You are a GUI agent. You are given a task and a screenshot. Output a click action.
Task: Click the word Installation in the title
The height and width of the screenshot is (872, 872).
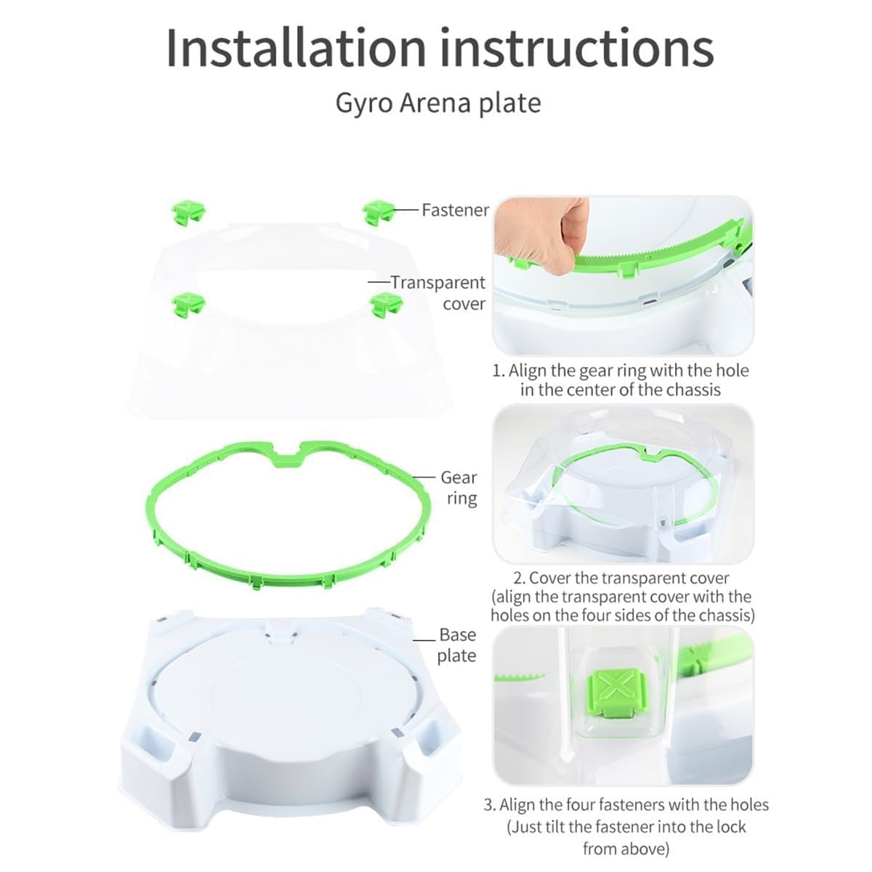[296, 49]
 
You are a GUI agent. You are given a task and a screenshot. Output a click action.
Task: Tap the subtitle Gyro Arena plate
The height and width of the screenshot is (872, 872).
[438, 104]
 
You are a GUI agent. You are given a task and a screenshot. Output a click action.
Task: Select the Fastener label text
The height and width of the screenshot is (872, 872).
[455, 210]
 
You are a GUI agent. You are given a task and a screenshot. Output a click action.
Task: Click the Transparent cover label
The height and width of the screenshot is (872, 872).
[438, 293]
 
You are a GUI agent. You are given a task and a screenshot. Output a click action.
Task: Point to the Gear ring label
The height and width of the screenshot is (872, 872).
[459, 488]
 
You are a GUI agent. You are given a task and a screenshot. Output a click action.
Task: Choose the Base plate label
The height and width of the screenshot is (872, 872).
[457, 645]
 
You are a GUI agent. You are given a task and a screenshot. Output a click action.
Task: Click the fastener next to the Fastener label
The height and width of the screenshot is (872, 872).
[378, 212]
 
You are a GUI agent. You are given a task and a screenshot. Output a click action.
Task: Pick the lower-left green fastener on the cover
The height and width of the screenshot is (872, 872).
[189, 304]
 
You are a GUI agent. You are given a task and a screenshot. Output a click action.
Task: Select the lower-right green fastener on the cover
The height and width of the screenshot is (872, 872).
[386, 304]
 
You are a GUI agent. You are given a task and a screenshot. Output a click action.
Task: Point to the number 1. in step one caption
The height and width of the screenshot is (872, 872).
[498, 371]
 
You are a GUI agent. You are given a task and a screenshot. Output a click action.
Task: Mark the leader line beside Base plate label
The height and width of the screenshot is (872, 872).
[424, 639]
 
